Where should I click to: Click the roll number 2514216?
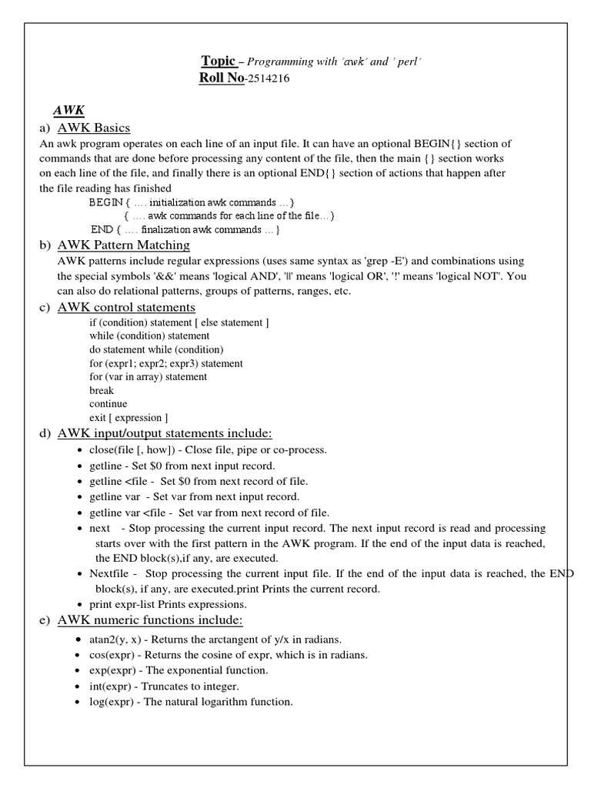click(x=269, y=78)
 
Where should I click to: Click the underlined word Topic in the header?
click(x=219, y=61)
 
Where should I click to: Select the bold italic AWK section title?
click(x=68, y=111)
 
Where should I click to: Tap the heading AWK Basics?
click(x=94, y=128)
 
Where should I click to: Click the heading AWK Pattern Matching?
click(x=124, y=245)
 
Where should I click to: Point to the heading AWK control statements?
click(x=126, y=307)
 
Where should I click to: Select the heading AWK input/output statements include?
click(x=165, y=433)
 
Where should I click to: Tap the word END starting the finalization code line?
click(x=102, y=229)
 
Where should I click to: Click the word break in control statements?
click(x=102, y=390)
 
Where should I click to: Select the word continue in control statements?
click(x=109, y=404)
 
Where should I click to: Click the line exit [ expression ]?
click(x=129, y=418)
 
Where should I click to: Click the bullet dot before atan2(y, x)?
click(x=82, y=640)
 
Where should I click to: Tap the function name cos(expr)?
click(x=114, y=655)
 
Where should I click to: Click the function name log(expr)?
click(x=113, y=701)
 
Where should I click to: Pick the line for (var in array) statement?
click(x=148, y=377)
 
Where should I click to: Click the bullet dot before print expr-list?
click(x=82, y=605)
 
